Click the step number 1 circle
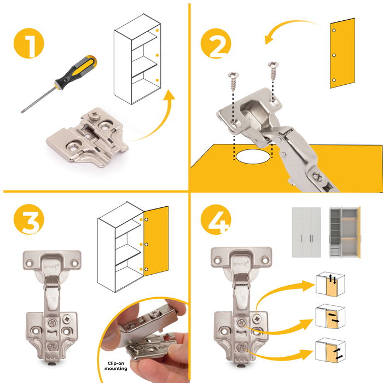point(28,43)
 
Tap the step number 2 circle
point(216,43)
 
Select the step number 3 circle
point(29,219)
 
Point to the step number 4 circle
point(216,219)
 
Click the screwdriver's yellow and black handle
point(76,70)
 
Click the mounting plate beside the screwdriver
point(87,137)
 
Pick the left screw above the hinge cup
point(233,81)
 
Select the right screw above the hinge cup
point(274,71)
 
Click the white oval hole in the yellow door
point(253,156)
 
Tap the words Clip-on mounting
point(116,366)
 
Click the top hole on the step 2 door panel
point(334,31)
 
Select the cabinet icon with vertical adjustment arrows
point(330,284)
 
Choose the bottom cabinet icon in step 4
point(330,350)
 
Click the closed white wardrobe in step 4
point(306,232)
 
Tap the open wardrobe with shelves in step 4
point(345,232)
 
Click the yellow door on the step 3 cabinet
point(156,241)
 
